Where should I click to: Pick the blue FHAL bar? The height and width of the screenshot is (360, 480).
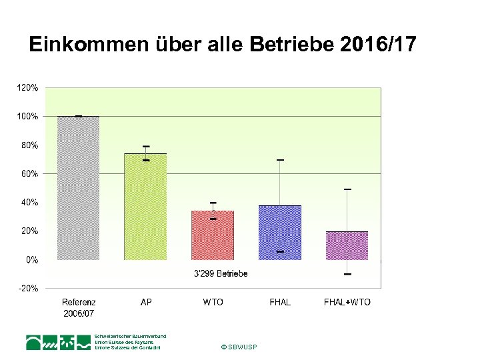coord(280,233)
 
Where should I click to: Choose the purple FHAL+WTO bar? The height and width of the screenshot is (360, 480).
coord(347,245)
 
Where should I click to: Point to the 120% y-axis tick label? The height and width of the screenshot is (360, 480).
coord(27,87)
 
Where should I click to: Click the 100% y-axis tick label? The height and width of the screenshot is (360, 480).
coord(27,116)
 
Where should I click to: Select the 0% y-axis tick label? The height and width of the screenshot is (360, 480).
coord(31,260)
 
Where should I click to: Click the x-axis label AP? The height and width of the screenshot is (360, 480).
coord(146,302)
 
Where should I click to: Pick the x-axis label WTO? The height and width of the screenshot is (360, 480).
coord(213,302)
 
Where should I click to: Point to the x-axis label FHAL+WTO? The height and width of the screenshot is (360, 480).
coord(347,302)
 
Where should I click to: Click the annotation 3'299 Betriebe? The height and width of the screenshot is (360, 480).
coord(221,273)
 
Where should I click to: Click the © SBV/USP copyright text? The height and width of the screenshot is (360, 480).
coord(239,347)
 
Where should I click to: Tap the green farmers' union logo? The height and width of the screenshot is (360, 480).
coord(58,343)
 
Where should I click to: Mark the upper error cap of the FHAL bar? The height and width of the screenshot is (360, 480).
coord(280,160)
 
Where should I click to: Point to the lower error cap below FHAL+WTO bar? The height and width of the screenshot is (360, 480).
coord(347,274)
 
